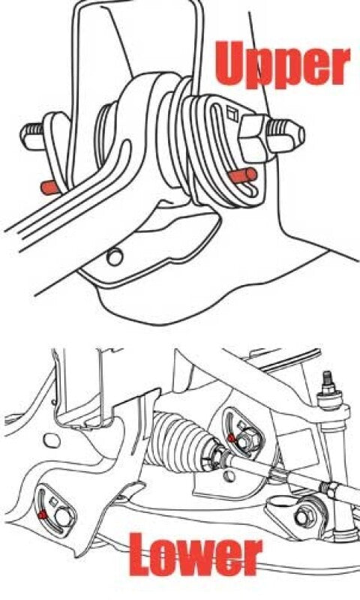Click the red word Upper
(283, 64)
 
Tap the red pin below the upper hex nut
(244, 175)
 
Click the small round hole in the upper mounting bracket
(115, 256)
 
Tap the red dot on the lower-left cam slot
(44, 514)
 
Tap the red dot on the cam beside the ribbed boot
(232, 436)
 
